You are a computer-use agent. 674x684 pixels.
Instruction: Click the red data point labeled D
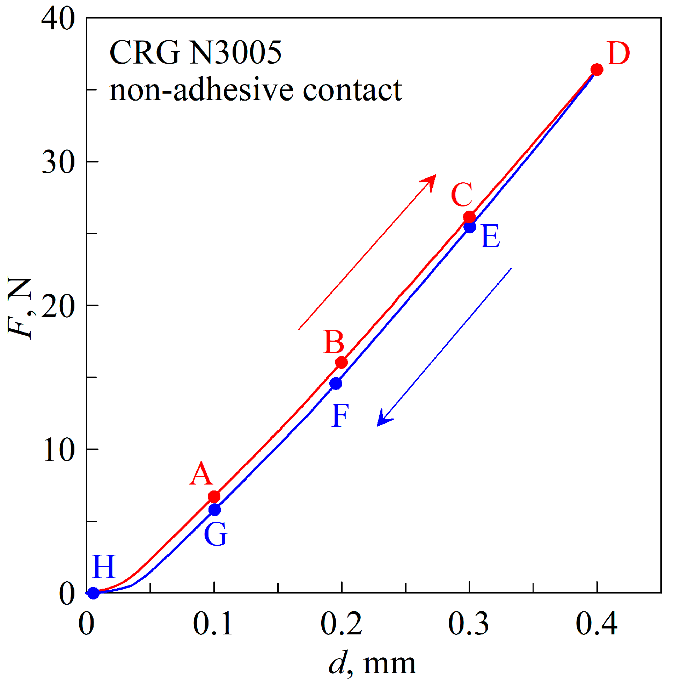click(x=597, y=70)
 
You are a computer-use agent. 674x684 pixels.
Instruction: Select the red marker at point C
click(x=469, y=217)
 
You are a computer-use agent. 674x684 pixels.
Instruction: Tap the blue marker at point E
click(x=470, y=227)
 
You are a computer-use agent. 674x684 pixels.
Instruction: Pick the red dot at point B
click(x=342, y=362)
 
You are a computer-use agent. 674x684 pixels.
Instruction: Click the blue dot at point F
click(x=336, y=384)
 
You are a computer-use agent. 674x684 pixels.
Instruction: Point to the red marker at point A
click(x=214, y=497)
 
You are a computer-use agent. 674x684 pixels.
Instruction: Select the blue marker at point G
click(x=214, y=510)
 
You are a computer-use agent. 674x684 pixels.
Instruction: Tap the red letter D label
click(x=618, y=54)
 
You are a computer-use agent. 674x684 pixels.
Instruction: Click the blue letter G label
click(x=215, y=534)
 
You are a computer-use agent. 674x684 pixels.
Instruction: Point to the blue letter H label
click(x=104, y=567)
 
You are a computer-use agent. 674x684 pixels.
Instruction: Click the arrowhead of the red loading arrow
click(x=430, y=181)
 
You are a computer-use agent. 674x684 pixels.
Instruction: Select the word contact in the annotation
click(x=352, y=90)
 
